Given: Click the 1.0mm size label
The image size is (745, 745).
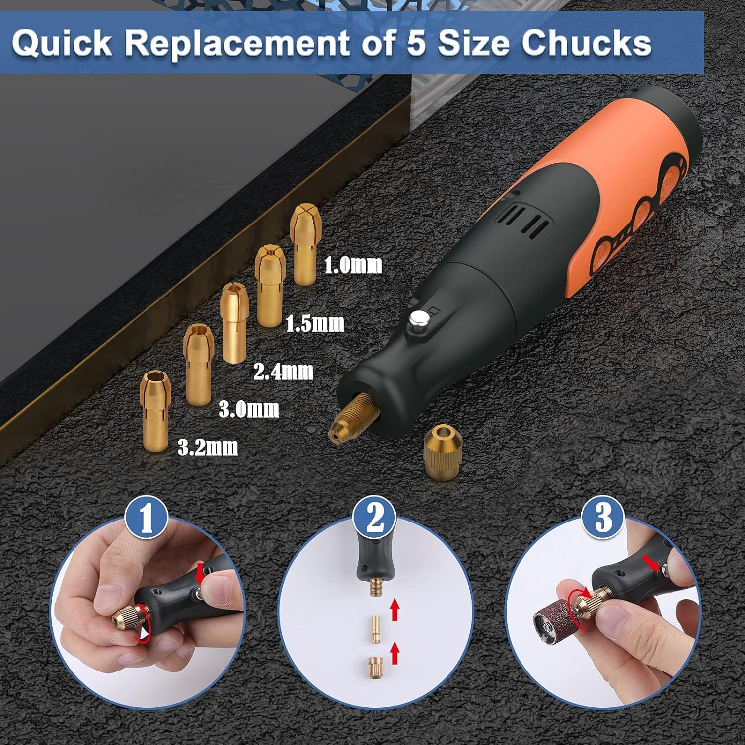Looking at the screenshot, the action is pos(353,264).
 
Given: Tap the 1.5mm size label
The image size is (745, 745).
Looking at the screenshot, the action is pos(314,323).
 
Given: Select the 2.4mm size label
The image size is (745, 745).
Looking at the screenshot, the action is pos(283,371).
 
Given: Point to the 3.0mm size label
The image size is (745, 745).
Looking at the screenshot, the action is pos(249,410).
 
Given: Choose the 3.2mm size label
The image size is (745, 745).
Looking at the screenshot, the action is pos(208,448).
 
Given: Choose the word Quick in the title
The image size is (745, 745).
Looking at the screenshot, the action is pos(61,44).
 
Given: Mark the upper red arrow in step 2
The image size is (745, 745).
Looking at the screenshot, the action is pos(395,609).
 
